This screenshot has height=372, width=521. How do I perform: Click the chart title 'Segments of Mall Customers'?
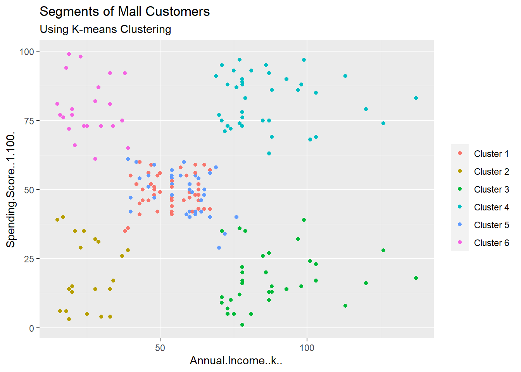[x=124, y=12]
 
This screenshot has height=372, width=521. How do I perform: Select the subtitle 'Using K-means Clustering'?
[x=105, y=29]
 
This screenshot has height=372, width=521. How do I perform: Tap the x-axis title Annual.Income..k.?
[x=236, y=361]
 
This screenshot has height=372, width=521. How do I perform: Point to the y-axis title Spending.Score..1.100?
[x=11, y=189]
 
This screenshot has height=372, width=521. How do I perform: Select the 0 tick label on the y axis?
[x=31, y=328]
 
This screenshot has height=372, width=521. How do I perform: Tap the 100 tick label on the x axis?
[x=307, y=348]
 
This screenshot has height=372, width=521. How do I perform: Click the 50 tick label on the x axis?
[x=160, y=348]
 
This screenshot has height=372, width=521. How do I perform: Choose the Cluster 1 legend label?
[x=491, y=154]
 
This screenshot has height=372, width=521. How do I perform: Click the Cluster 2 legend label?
[x=491, y=172]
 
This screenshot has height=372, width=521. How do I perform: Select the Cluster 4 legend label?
[x=491, y=207]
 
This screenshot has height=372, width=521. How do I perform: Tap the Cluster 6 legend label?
[x=491, y=243]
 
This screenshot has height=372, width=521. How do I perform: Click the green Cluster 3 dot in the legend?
[x=460, y=189]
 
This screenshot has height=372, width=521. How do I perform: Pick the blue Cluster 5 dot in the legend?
[x=460, y=225]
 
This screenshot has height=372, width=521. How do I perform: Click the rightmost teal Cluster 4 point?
[x=416, y=98]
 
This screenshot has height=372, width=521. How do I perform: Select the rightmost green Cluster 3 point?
[x=416, y=278]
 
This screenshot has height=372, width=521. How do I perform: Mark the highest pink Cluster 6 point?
[x=69, y=54]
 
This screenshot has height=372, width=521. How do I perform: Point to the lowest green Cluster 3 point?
[x=242, y=325]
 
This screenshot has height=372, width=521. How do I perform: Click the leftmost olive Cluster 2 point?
[x=57, y=220]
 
